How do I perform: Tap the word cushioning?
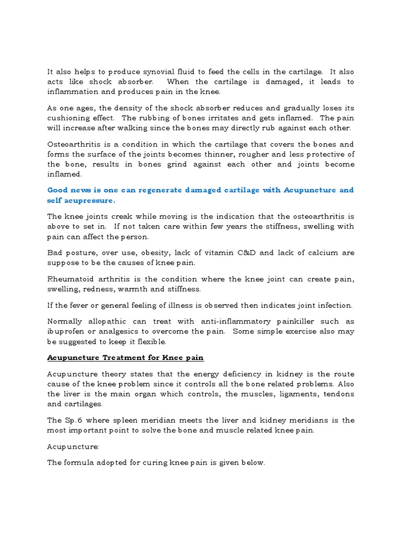point(68,118)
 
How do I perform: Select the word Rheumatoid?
point(72,278)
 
